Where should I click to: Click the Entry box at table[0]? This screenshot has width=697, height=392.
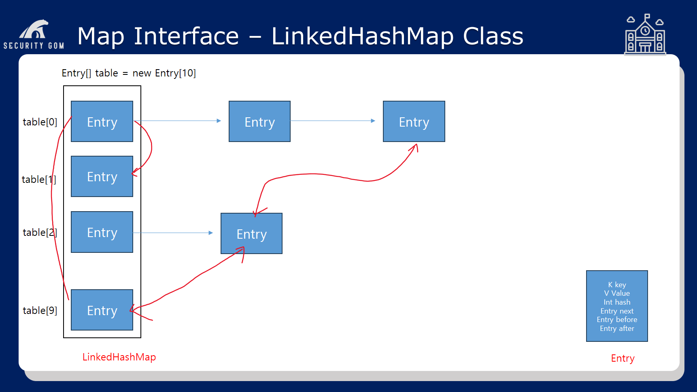[102, 121]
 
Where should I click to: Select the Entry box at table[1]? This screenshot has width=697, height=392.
[102, 176]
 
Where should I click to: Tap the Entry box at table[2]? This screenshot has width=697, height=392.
[102, 232]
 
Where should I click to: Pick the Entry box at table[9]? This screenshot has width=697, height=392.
[102, 310]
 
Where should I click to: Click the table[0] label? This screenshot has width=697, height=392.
[40, 122]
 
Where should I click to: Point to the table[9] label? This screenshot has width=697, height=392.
[40, 310]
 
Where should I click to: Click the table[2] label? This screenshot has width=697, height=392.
[40, 232]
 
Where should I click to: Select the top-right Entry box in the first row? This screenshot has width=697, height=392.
[414, 121]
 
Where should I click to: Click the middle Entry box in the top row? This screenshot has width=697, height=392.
[259, 121]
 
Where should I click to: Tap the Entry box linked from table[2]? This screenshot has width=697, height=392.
[251, 233]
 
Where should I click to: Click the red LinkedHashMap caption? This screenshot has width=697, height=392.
[119, 357]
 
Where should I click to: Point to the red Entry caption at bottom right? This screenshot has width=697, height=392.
[623, 358]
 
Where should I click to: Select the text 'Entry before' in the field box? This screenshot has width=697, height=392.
[617, 320]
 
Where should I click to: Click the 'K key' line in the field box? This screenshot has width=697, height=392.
[617, 285]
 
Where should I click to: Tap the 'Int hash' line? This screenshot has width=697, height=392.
[617, 302]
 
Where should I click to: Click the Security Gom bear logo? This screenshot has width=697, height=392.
[34, 34]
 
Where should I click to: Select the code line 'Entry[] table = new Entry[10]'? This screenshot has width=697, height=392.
[129, 73]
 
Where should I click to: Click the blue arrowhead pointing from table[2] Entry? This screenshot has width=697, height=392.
[211, 233]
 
